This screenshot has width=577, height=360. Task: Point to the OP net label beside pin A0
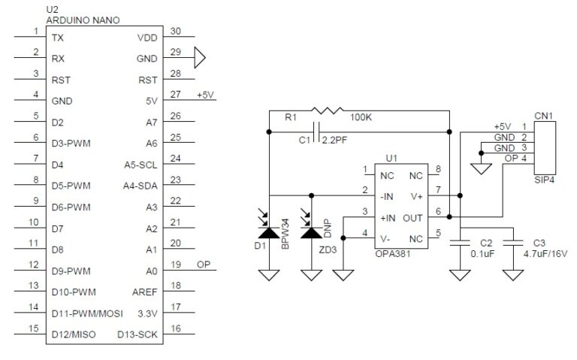203,265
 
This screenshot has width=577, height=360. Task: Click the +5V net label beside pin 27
206,95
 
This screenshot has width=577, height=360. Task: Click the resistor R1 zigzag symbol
325,111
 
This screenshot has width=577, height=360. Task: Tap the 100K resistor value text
363,118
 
